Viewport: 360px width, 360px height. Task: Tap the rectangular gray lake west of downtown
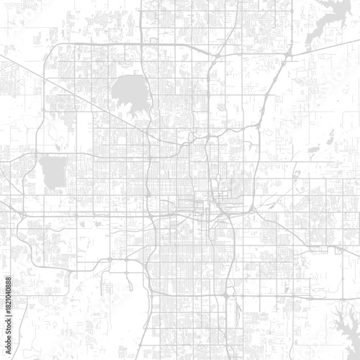pyautogui.click(x=52, y=169)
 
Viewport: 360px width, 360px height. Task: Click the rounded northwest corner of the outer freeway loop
pyautogui.click(x=50, y=50)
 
